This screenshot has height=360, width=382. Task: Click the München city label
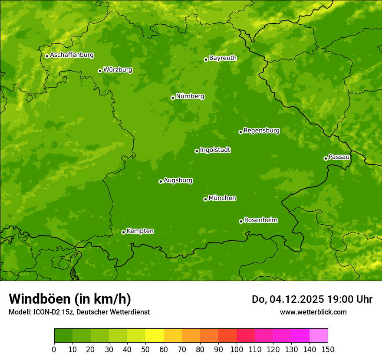pos(222,198)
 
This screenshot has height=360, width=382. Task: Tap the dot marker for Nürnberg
pos(173,98)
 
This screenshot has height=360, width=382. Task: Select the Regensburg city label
pos(261,131)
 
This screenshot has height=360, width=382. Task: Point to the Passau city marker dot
pos(326,158)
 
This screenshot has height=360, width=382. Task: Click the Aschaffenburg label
pos(72,55)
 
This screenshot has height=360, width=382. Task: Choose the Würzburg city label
pos(118,70)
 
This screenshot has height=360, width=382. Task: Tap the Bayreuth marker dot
pos(206,59)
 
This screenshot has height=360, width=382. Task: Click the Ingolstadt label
pos(215,150)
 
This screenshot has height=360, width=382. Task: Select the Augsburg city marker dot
pos(161,181)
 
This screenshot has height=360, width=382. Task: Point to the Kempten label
pos(140,231)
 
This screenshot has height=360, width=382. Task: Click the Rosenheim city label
pos(260,220)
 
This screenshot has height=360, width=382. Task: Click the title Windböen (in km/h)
pos(69,299)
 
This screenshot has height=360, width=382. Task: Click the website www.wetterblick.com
pos(313,312)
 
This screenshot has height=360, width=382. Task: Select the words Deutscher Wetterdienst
pos(113,312)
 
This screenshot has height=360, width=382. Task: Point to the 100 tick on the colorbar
pos(237,349)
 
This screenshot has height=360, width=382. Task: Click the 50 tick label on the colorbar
pos(145,349)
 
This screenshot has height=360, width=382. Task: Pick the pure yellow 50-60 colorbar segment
pos(155,335)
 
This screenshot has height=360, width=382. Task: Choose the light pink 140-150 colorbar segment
pos(319,335)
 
